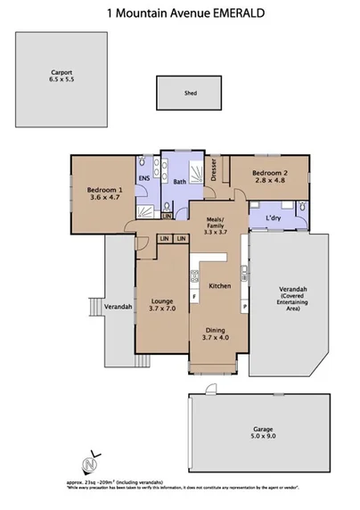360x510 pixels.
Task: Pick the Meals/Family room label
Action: point(214,224)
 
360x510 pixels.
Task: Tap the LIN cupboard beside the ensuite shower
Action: point(167,216)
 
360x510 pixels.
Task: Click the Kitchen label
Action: point(220,286)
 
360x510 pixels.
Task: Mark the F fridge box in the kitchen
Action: point(194,295)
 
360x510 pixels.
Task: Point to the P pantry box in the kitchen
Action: point(244,308)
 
